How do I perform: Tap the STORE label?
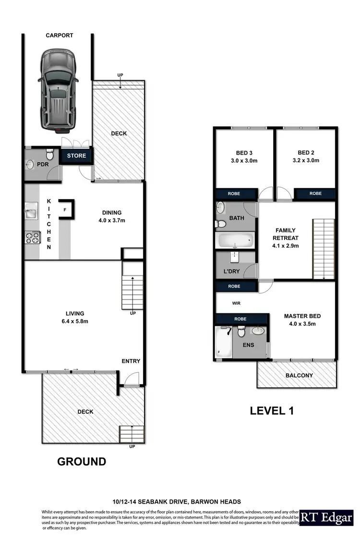pyautogui.click(x=76, y=156)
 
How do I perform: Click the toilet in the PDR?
pyautogui.click(x=49, y=155)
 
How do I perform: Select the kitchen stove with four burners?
pyautogui.click(x=32, y=238)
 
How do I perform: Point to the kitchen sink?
pyautogui.click(x=32, y=209)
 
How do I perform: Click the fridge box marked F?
pyautogui.click(x=64, y=209)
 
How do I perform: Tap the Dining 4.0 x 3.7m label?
pyautogui.click(x=111, y=216)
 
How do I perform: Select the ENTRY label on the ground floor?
pyautogui.click(x=131, y=361)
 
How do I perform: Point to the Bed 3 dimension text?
pyautogui.click(x=244, y=161)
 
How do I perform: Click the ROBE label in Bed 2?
pyautogui.click(x=315, y=193)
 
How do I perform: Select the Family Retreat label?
pyautogui.click(x=286, y=238)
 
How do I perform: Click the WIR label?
pyautogui.click(x=236, y=303)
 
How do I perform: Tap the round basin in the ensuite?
pyautogui.click(x=258, y=331)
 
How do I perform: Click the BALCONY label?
pyautogui.click(x=299, y=375)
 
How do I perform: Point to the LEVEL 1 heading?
pyautogui.click(x=271, y=411)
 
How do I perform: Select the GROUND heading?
pyautogui.click(x=82, y=462)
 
